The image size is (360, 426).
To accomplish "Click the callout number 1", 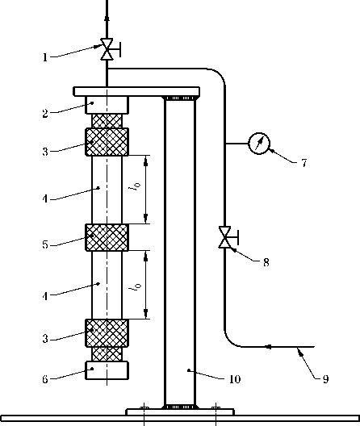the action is (x=45, y=57).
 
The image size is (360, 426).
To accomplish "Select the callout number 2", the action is (x=45, y=113).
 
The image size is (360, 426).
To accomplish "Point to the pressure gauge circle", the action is (x=259, y=143).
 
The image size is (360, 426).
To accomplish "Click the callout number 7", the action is (x=304, y=163).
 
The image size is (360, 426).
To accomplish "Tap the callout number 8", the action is (x=266, y=262).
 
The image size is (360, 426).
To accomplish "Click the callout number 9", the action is (x=326, y=378).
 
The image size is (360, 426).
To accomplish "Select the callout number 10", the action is (x=235, y=379).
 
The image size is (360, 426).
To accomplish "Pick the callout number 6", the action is (x=45, y=379).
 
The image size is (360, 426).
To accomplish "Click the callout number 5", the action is (x=45, y=244).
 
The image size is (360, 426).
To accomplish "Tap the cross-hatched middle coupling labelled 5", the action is (x=107, y=237).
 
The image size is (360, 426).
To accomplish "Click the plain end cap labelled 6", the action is (x=107, y=370).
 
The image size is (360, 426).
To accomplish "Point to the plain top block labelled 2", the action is (x=107, y=105).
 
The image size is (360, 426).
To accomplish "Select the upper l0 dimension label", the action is (x=136, y=186).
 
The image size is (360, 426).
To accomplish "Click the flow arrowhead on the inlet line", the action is (x=268, y=347).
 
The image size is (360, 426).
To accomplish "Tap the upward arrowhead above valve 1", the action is (x=107, y=18).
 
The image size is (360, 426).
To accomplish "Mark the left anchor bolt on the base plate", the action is (x=144, y=407).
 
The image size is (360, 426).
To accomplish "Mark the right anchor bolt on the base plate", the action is (x=216, y=407).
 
